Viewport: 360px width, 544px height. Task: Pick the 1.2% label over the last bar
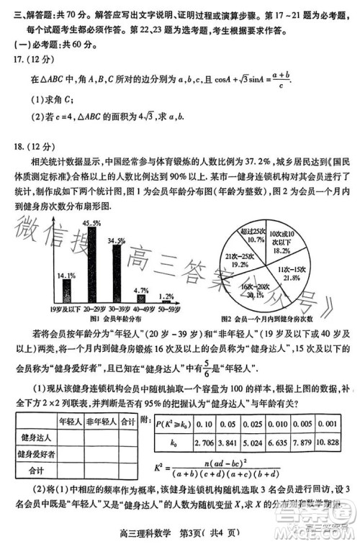(166, 296)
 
